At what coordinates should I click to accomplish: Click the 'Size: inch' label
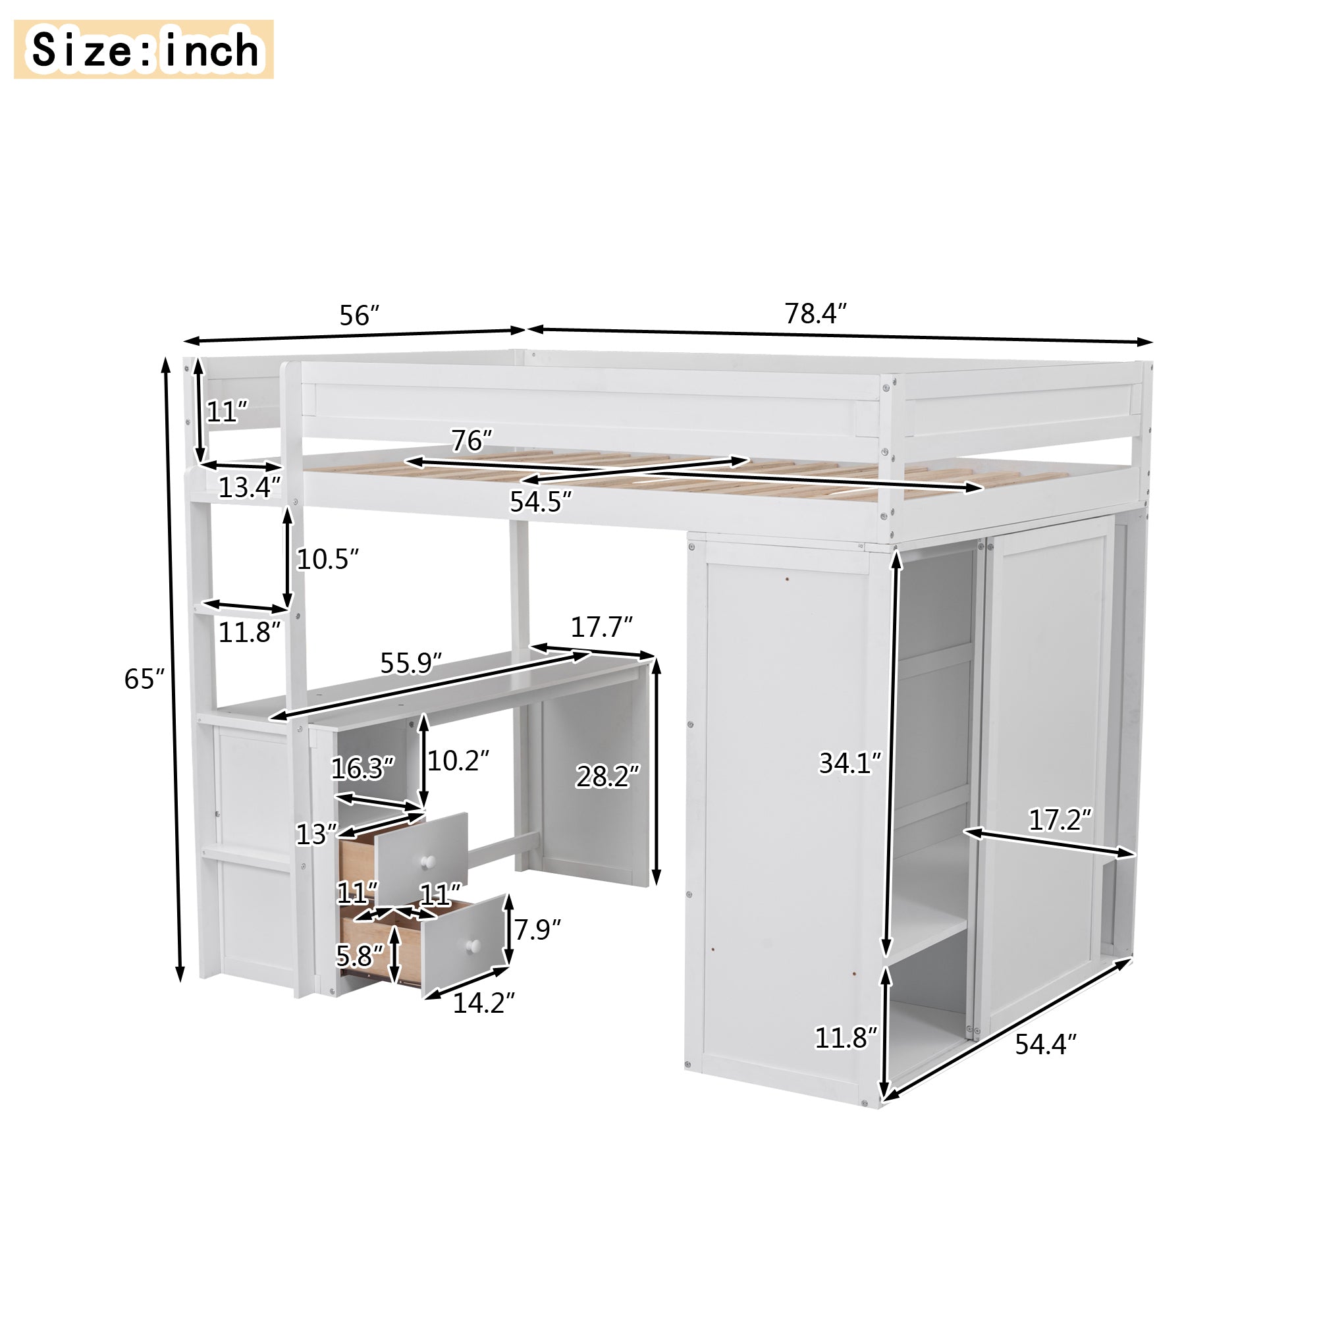[143, 49]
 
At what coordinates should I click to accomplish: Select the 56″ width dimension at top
[359, 315]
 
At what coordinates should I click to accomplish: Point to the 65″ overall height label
[144, 678]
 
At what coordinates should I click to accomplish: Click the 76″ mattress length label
[471, 441]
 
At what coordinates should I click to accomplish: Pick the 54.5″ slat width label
[540, 502]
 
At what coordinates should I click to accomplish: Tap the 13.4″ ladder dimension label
[249, 487]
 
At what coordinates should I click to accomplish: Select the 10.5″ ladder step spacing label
[327, 559]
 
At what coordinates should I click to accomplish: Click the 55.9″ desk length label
[411, 662]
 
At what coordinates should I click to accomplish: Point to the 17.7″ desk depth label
[601, 626]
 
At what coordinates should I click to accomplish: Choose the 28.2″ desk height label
[607, 776]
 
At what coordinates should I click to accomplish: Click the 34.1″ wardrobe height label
[850, 763]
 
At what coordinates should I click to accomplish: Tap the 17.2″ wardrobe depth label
[1060, 820]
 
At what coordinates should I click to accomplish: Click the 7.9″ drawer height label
[537, 929]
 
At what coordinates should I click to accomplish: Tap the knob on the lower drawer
[472, 946]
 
